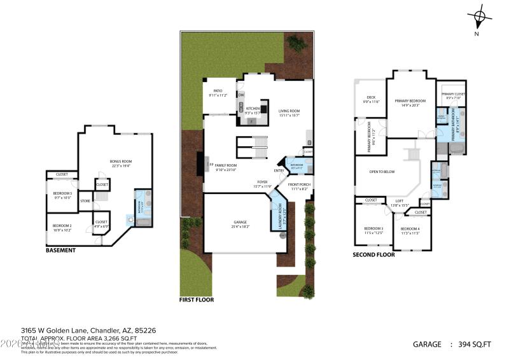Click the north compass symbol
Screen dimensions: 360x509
pyautogui.click(x=480, y=17)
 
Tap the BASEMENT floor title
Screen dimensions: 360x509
pyautogui.click(x=60, y=251)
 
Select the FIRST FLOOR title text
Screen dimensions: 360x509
pyautogui.click(x=197, y=300)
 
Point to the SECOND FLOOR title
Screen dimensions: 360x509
pyautogui.click(x=373, y=255)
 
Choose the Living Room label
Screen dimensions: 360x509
pyautogui.click(x=289, y=112)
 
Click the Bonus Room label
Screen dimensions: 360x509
pyautogui.click(x=120, y=162)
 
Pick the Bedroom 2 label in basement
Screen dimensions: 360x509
pyautogui.click(x=62, y=226)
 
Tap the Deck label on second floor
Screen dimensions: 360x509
pyautogui.click(x=371, y=99)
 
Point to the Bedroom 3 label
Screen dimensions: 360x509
pyautogui.click(x=373, y=229)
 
